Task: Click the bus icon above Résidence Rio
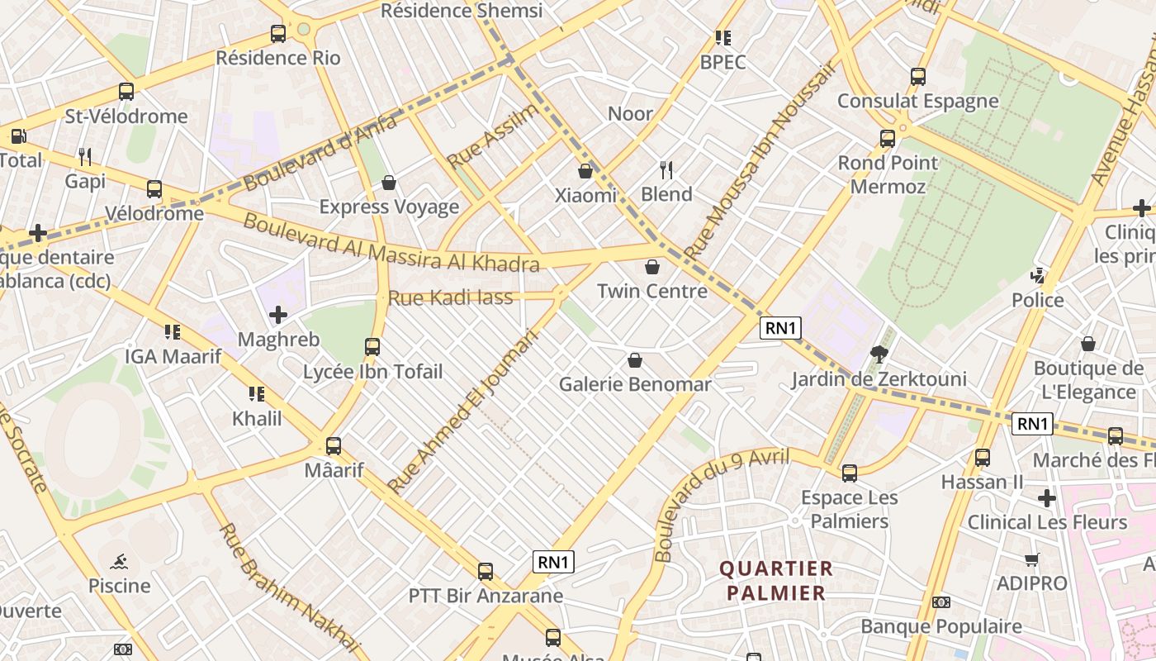pos(278,34)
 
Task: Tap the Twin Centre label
pos(652,291)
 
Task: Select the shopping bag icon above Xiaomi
pos(585,171)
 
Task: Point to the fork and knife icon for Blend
pos(666,170)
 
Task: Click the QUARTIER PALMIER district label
pos(776,581)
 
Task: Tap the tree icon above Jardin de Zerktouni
pos(879,355)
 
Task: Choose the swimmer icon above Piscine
pos(119,563)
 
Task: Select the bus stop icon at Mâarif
pos(334,446)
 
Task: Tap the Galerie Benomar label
pos(635,384)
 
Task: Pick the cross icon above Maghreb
pos(278,315)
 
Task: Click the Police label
pos(1038,300)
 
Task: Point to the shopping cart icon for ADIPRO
pos(1031,560)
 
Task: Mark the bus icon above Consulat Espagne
pos(918,77)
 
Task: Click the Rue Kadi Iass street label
pos(451,298)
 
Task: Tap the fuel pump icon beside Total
pos(18,136)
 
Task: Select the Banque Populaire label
pos(941,626)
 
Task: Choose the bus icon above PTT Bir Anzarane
pos(486,572)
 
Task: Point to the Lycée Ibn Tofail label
pos(373,372)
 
